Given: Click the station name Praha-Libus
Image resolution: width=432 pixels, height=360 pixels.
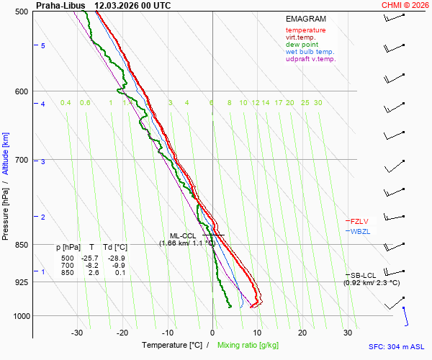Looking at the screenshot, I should click(60, 5).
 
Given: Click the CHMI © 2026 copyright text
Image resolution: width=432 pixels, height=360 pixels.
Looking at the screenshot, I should click(405, 5).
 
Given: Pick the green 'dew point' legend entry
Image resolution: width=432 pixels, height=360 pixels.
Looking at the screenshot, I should click(302, 45).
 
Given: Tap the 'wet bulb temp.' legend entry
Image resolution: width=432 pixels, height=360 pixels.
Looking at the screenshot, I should click(310, 52).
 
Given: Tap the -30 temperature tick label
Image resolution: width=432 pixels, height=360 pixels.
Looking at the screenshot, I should click(77, 333).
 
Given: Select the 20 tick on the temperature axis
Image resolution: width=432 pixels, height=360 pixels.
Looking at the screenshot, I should click(302, 333).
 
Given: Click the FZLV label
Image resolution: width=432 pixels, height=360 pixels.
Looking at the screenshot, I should click(359, 221).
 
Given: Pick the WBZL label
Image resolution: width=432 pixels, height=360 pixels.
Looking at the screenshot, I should click(359, 231).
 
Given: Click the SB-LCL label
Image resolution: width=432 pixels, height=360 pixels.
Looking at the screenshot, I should click(364, 275).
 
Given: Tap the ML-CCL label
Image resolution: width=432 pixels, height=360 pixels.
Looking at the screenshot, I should click(184, 235).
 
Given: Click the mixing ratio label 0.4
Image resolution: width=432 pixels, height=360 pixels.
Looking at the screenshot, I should click(66, 103).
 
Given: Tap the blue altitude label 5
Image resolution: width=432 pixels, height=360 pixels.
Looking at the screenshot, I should click(43, 45).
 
